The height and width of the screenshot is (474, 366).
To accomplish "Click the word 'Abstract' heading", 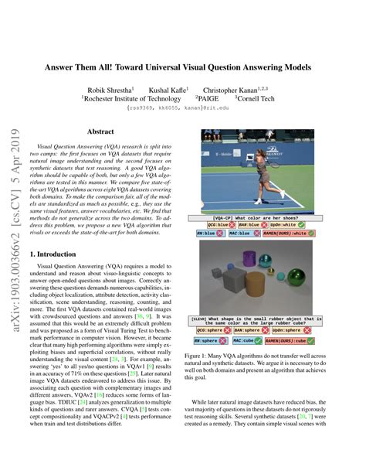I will coord(100,132).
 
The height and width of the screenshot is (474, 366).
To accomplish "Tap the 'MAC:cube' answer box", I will coord(245,339).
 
